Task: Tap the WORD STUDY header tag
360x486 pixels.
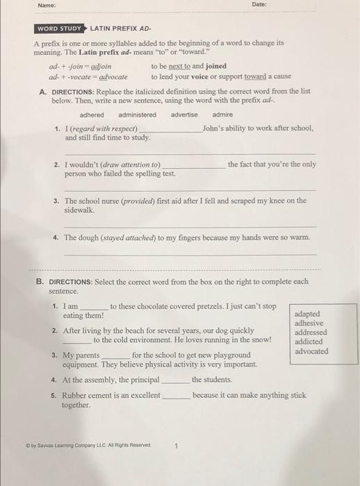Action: tap(59, 28)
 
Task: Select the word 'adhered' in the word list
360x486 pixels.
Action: tap(92, 115)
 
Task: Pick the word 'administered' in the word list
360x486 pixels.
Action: tap(138, 115)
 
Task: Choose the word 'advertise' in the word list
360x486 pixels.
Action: tap(184, 115)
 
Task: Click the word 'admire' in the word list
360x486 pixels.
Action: tap(222, 115)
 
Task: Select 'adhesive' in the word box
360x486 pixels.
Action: tap(309, 323)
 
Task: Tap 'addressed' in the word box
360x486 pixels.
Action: tap(311, 332)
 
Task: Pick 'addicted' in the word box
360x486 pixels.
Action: tap(309, 342)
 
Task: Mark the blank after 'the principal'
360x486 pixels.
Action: tap(175, 380)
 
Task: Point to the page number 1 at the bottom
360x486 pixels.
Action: tap(177, 446)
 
